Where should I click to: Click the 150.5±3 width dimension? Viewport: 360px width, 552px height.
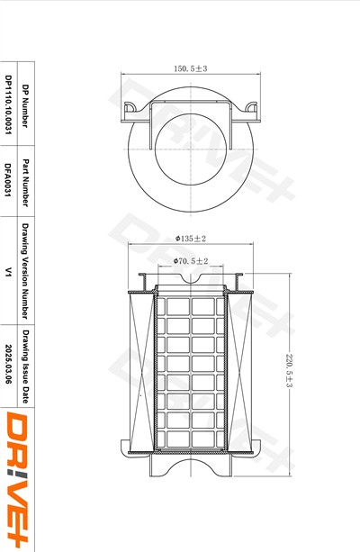pyautogui.click(x=191, y=68)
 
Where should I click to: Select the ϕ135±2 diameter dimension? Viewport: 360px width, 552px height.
pyautogui.click(x=191, y=239)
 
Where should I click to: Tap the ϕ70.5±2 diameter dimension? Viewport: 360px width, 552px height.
pyautogui.click(x=191, y=261)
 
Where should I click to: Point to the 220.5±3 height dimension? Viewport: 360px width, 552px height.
pyautogui.click(x=289, y=370)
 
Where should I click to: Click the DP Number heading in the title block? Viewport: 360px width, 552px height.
pyautogui.click(x=25, y=105)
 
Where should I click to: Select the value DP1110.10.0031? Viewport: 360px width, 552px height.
pyautogui.click(x=8, y=104)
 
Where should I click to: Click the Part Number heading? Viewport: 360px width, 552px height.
pyautogui.click(x=25, y=183)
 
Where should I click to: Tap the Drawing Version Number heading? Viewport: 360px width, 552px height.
pyautogui.click(x=25, y=271)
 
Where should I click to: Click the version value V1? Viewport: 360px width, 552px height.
pyautogui.click(x=8, y=272)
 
